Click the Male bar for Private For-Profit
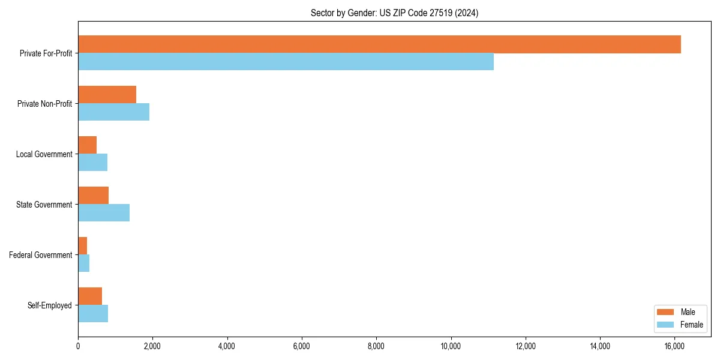pos(379,44)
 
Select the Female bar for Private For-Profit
pos(286,62)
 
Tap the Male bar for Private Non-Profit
pos(107,95)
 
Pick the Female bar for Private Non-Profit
pos(113,112)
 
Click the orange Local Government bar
pos(87,145)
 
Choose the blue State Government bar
pos(104,213)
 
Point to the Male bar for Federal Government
pos(82,246)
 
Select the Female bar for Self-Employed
pos(93,314)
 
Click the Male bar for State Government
pos(93,196)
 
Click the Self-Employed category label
pos(50,305)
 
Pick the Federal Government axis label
pos(41,255)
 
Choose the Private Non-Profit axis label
pos(44,104)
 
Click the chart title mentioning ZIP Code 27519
pos(394,13)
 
